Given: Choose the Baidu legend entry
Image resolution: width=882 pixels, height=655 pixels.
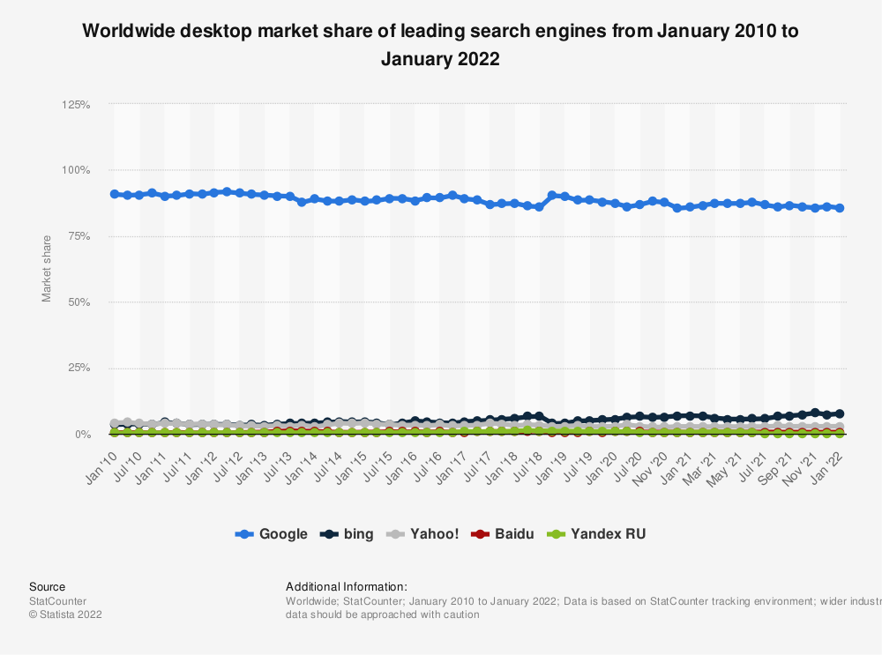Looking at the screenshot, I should click(505, 533).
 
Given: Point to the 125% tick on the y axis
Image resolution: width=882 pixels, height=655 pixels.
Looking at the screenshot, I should click(76, 104).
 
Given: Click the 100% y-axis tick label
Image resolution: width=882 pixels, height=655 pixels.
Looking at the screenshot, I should click(76, 170).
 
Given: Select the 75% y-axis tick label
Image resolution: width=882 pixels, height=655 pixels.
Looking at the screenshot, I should click(78, 236).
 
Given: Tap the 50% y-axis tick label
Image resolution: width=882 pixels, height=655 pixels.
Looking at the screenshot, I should click(78, 302).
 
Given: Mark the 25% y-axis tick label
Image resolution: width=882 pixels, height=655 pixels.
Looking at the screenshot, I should click(78, 368).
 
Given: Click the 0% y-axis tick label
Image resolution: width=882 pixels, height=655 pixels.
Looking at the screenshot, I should click(82, 435).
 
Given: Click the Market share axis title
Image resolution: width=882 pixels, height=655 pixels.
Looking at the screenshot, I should click(47, 268).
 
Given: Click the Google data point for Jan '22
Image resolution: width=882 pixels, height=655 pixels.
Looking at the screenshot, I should click(840, 208).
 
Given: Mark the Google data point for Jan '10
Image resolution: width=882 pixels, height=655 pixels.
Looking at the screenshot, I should click(115, 194).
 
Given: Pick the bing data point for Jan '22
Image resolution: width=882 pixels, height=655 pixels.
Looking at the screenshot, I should click(840, 413).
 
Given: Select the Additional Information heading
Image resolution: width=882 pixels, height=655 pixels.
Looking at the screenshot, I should click(347, 586).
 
